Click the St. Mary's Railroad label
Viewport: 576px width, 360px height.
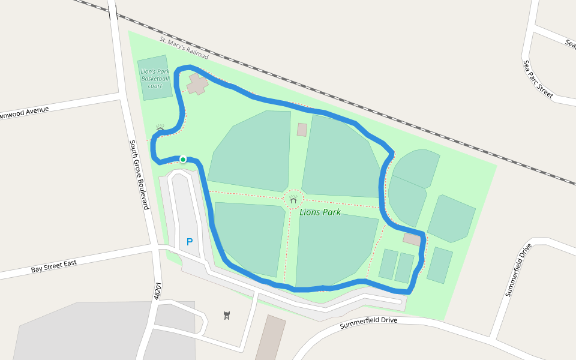184,48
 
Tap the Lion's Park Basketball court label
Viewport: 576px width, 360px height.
155,79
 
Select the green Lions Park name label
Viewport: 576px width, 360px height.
320,212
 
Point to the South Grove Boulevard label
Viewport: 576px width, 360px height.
139,175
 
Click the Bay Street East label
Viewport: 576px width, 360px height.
58,265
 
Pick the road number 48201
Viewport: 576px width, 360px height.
158,292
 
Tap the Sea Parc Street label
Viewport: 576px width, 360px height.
537,78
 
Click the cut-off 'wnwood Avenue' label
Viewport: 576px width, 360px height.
24,112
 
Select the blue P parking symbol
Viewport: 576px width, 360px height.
190,242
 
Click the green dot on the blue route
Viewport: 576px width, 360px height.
183,159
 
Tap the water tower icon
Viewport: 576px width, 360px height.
226,315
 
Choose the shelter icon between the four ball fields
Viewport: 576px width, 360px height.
293,199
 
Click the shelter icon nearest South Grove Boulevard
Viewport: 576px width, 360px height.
160,129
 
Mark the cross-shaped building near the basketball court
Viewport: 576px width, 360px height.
197,84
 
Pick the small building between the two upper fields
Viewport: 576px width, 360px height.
302,130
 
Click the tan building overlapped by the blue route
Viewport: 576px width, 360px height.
412,238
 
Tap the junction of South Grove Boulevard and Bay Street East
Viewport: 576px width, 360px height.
154,247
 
